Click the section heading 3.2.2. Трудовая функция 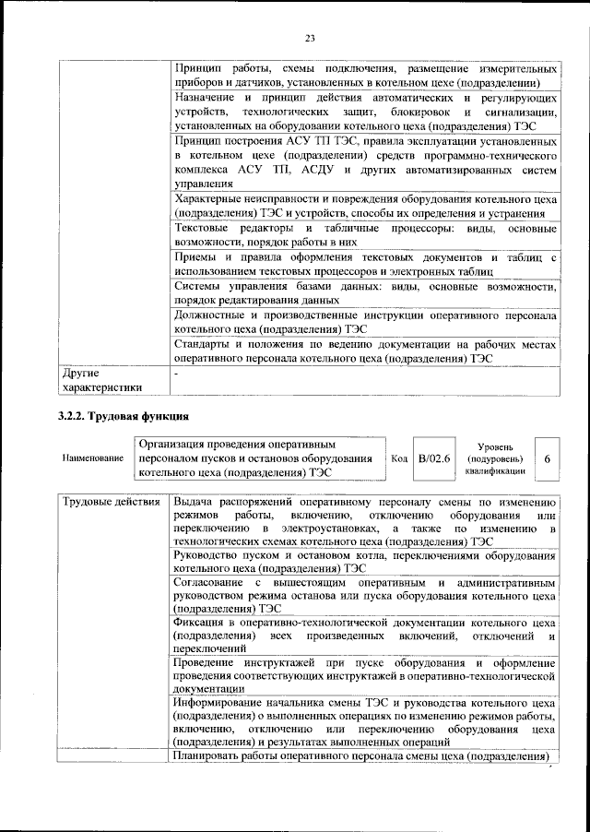pos(117,416)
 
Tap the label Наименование pos(92,459)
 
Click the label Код pos(399,458)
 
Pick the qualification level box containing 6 pos(548,458)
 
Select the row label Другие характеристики pos(101,381)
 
